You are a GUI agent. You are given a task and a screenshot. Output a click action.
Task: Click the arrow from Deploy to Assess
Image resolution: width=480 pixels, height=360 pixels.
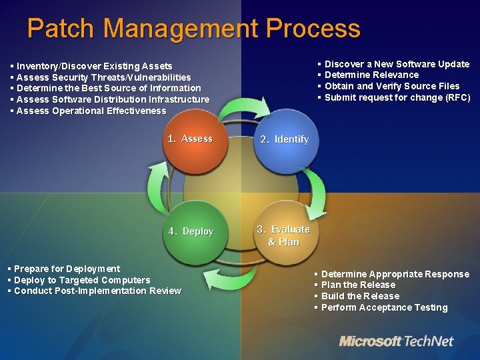pyautogui.click(x=160, y=183)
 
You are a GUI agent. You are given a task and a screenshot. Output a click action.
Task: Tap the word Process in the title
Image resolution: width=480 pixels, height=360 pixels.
pyautogui.click(x=313, y=29)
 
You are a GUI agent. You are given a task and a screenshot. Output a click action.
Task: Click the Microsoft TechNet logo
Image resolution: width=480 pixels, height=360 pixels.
pyautogui.click(x=396, y=341)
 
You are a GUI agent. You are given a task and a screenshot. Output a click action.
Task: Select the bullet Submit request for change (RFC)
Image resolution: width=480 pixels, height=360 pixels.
pyautogui.click(x=397, y=98)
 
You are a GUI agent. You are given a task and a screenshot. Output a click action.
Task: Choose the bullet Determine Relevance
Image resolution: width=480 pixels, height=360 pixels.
pyautogui.click(x=371, y=75)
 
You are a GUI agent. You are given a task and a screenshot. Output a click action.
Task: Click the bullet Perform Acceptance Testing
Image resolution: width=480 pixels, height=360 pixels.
pyautogui.click(x=384, y=308)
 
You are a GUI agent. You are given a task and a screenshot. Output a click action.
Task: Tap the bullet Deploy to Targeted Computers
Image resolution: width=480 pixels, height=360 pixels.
pyautogui.click(x=81, y=280)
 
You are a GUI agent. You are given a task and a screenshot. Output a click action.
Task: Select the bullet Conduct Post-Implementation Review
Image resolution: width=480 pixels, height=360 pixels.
pyautogui.click(x=97, y=291)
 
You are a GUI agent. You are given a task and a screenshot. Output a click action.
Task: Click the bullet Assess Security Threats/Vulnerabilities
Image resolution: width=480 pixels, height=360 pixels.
pyautogui.click(x=103, y=77)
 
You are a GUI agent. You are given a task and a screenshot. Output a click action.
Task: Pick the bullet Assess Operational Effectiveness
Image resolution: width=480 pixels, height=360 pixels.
pyautogui.click(x=91, y=111)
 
